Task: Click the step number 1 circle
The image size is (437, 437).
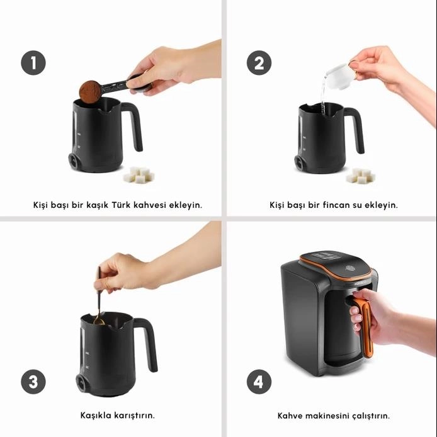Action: click(33, 63)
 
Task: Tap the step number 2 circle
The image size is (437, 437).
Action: click(259, 63)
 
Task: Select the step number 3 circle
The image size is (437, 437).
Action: click(33, 382)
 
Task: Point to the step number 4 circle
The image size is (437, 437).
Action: click(259, 382)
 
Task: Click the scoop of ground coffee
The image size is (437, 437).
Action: click(90, 91)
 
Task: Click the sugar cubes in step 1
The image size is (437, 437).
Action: click(139, 174)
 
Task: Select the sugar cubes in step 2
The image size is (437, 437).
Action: click(361, 175)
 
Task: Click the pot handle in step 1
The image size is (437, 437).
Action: click(134, 125)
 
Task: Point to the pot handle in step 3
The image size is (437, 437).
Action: click(148, 343)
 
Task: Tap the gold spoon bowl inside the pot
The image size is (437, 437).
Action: click(99, 321)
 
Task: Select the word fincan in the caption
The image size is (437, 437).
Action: click(336, 205)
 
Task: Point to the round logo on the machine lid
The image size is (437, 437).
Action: click(349, 268)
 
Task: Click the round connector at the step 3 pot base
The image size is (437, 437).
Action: click(81, 383)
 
